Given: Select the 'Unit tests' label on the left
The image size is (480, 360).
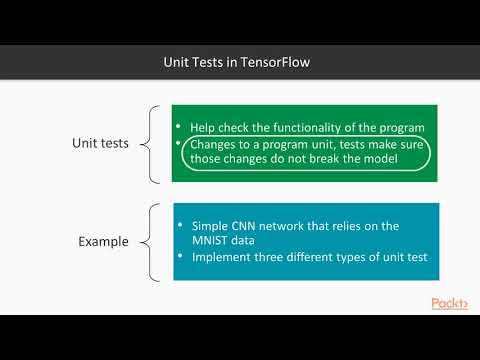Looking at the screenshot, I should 101,143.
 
